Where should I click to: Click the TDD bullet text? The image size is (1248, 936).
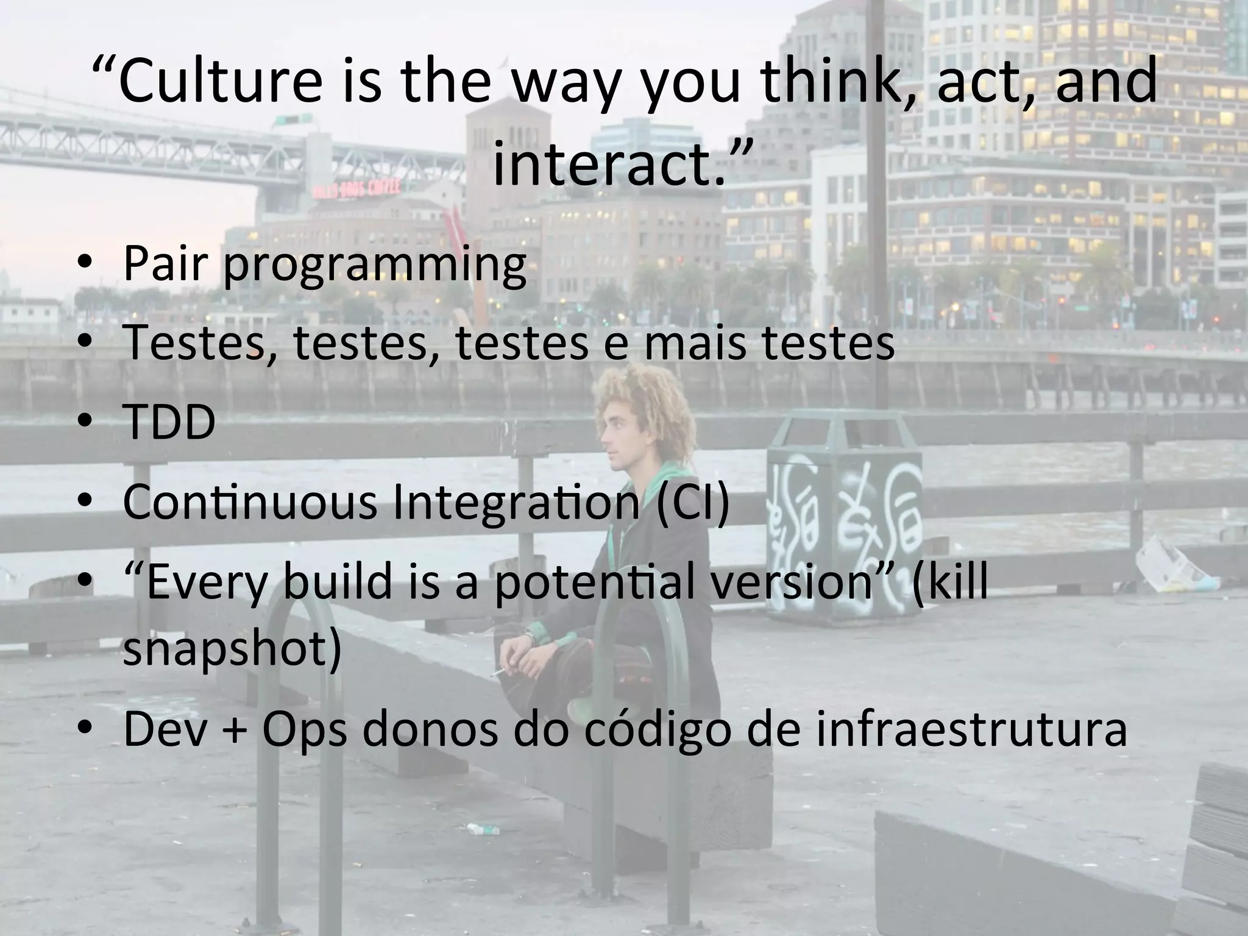point(169,422)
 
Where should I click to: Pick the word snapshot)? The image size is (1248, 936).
point(232,649)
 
